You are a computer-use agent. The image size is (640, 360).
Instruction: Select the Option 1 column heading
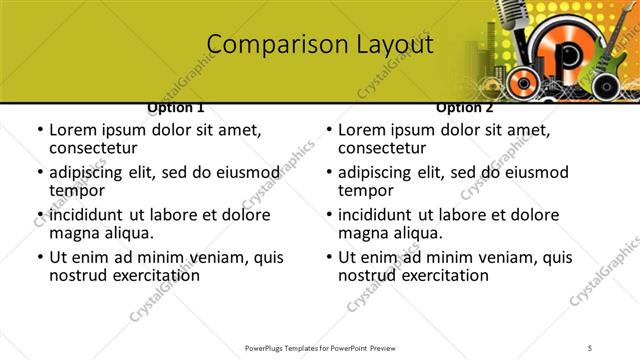[x=176, y=107]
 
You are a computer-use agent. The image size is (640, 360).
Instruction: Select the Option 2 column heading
[x=465, y=107]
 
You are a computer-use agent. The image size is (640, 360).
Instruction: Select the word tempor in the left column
[x=76, y=190]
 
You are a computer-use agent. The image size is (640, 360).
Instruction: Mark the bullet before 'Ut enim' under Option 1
[x=40, y=257]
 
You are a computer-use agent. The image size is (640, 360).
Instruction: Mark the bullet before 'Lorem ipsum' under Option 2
[x=329, y=130]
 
